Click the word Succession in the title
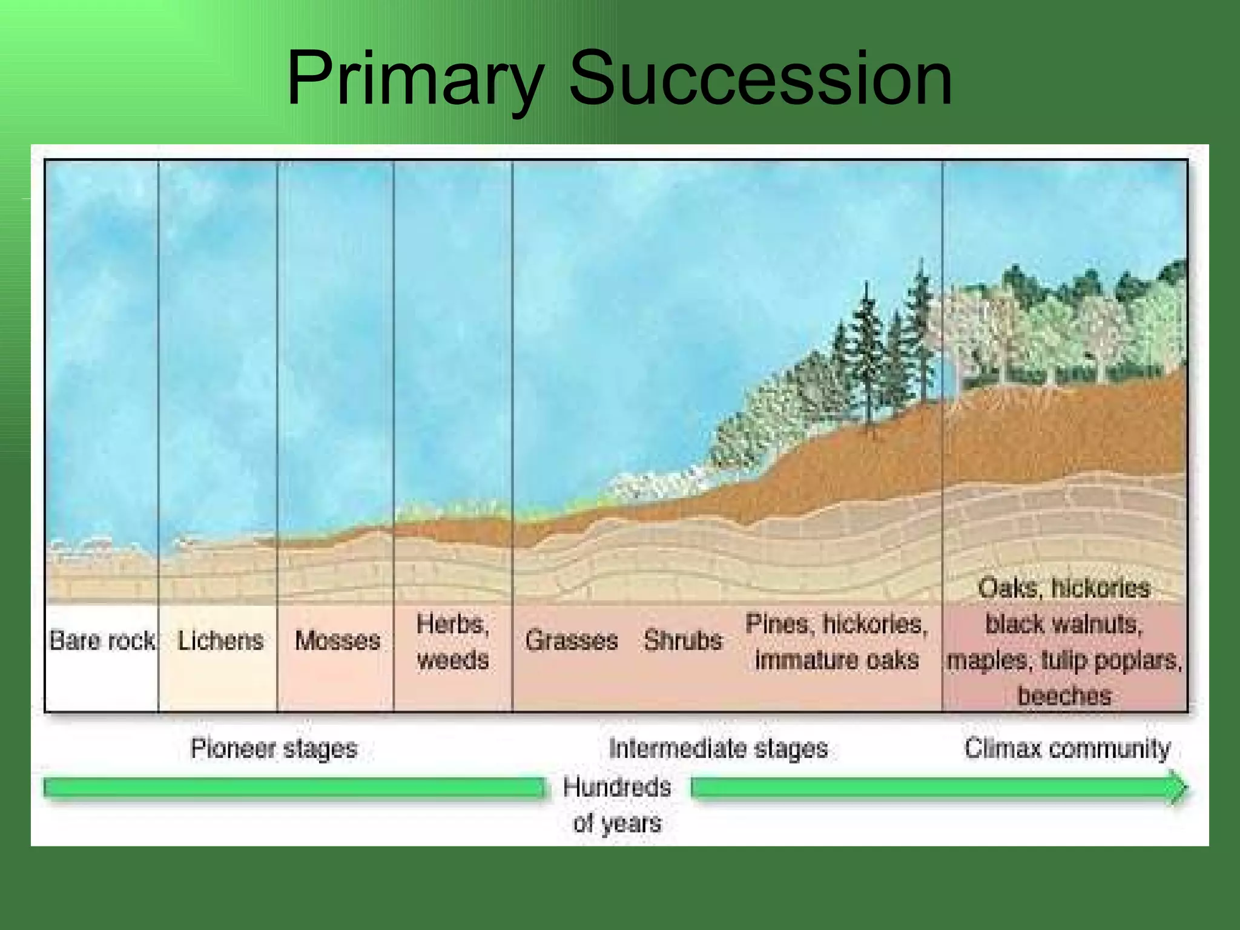[x=760, y=79]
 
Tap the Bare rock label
[x=102, y=641]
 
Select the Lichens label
[x=220, y=641]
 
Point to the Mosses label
[x=337, y=641]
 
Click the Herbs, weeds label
[x=453, y=642]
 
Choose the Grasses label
[x=571, y=641]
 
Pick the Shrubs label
[x=683, y=641]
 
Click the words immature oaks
[x=837, y=660]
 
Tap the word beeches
[x=1064, y=696]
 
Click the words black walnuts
[x=1064, y=624]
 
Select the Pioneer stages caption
[x=274, y=749]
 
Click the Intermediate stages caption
[x=718, y=749]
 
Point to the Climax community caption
[x=1067, y=749]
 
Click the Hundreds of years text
[x=617, y=805]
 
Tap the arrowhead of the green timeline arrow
[x=1178, y=788]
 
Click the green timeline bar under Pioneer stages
[x=294, y=788]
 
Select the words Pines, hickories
[x=837, y=624]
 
